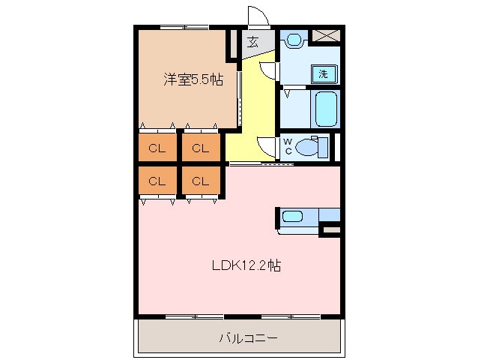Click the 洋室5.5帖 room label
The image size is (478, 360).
pyautogui.click(x=193, y=79)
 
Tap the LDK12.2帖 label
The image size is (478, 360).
pyautogui.click(x=246, y=265)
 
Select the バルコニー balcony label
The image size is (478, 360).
pyautogui.click(x=248, y=338)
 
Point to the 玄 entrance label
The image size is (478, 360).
pyautogui.click(x=253, y=43)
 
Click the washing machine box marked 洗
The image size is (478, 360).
pyautogui.click(x=323, y=73)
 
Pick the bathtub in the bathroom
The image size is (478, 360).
pyautogui.click(x=327, y=109)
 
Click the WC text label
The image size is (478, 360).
pyautogui.click(x=287, y=146)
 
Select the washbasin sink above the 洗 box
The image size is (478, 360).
pyautogui.click(x=293, y=39)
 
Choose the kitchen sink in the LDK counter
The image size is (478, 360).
pyautogui.click(x=292, y=217)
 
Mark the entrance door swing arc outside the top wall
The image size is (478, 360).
pyautogui.click(x=256, y=15)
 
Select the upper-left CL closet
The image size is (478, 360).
pyautogui.click(x=157, y=148)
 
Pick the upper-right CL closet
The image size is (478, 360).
pyautogui.click(x=199, y=148)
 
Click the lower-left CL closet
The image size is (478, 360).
pyautogui.click(x=157, y=181)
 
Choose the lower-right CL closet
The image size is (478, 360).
pyautogui.click(x=199, y=181)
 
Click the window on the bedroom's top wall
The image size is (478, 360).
pyautogui.click(x=184, y=28)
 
